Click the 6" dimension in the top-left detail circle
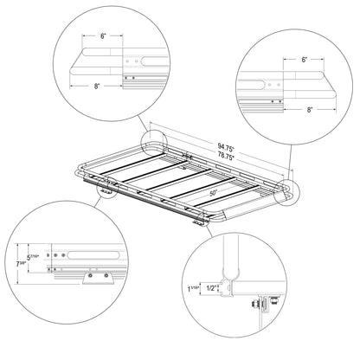pos(103,36)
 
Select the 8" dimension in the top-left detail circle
pos(97,86)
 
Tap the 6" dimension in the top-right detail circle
pos(305,60)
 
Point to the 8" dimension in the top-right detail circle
pos(310,110)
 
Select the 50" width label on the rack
pos(214,194)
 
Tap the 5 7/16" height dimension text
pos(32,257)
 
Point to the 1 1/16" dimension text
pos(194,288)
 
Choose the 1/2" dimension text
pos(212,288)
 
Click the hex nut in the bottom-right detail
pos(254,304)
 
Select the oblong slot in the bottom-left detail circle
pos(93,255)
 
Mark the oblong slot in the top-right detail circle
pos(251,85)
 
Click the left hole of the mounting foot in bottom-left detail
pos(91,275)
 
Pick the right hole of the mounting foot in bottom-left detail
pos(106,275)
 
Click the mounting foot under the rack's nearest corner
pos(199,222)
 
